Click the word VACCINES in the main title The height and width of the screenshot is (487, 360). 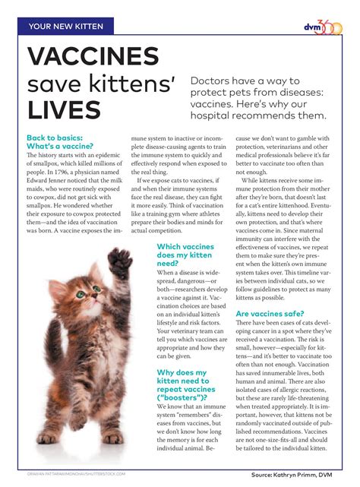(93, 58)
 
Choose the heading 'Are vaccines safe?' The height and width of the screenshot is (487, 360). (270, 313)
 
